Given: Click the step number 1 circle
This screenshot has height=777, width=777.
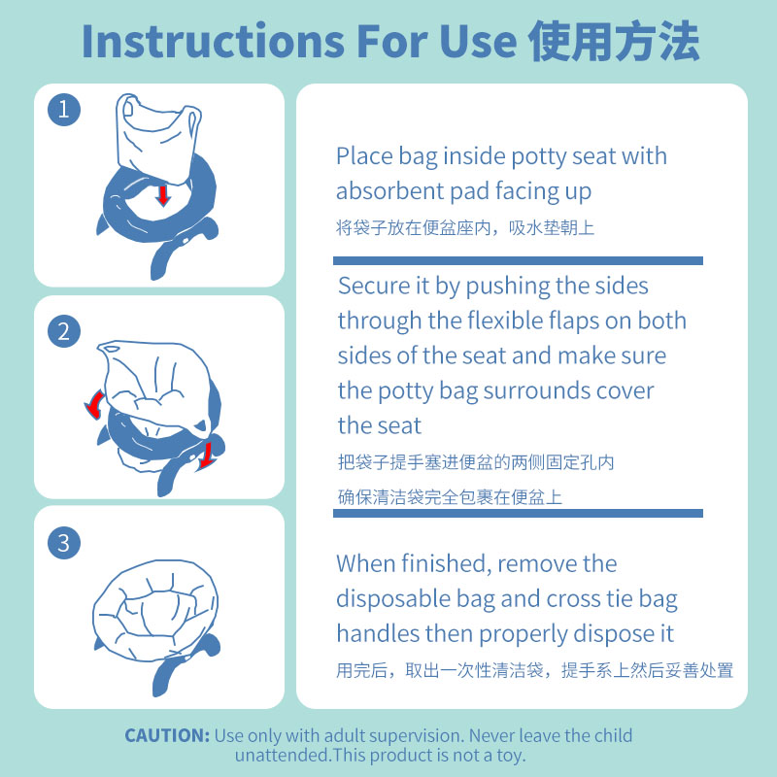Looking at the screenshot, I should (x=64, y=110).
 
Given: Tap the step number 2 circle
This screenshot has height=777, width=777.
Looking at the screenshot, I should (x=64, y=331).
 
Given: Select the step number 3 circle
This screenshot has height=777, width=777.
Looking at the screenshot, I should (x=64, y=542).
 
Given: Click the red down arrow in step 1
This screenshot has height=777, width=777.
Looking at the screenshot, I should (x=163, y=195).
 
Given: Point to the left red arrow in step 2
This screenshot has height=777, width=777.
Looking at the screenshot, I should (x=94, y=405).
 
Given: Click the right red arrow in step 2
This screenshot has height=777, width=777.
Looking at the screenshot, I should (x=206, y=453).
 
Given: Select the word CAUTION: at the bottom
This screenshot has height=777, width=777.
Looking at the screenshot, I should (x=166, y=735).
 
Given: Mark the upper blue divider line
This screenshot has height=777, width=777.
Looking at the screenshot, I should (x=518, y=260).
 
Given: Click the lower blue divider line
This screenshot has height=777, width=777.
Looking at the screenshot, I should (x=518, y=513).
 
